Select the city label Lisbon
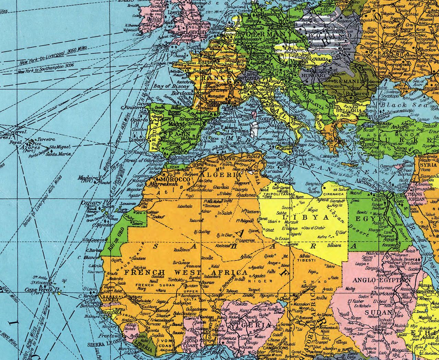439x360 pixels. (x=135, y=140)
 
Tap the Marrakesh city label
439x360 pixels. (x=163, y=184)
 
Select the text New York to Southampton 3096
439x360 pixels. (x=46, y=70)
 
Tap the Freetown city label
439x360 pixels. (x=108, y=336)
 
